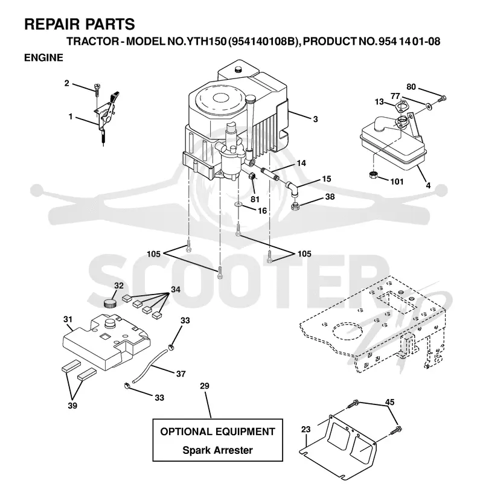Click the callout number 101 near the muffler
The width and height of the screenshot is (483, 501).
point(397,182)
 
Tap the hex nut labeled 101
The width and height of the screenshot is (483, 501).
point(373,175)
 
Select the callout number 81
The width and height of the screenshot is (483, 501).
point(255,199)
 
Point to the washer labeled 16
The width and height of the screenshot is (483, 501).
point(238,203)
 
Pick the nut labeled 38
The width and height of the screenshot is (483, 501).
point(295,206)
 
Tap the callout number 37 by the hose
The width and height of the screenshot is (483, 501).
point(181,374)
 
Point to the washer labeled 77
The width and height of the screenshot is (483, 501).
point(429,105)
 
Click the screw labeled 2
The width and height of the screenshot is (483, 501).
point(97,89)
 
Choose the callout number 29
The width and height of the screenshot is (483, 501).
point(205,386)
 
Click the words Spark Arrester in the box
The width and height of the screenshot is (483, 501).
point(218,450)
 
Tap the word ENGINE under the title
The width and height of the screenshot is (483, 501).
point(44,57)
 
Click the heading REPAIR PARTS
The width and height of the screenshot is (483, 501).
point(80,24)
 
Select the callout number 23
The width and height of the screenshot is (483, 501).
point(306,429)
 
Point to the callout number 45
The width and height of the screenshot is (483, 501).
point(389,402)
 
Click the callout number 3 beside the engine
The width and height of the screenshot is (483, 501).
point(316,119)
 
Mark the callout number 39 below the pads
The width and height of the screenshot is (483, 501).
point(72,406)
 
